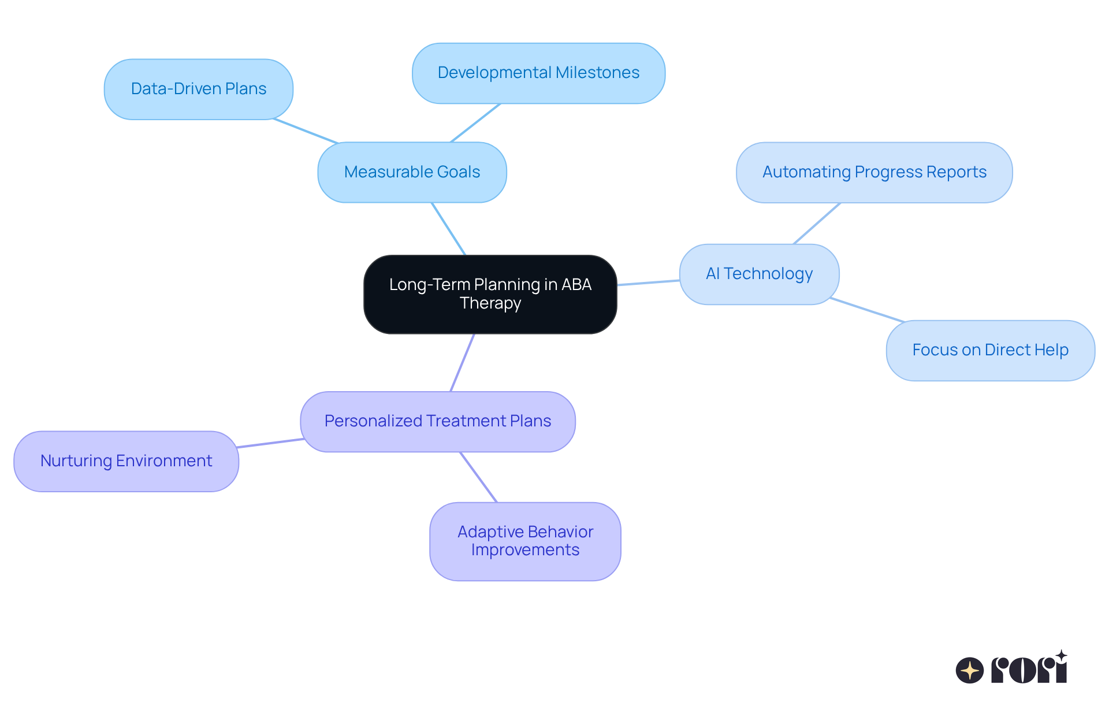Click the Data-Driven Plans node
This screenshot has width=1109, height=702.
coord(198,89)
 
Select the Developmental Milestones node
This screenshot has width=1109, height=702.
coord(538,73)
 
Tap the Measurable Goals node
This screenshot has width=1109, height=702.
coord(412,172)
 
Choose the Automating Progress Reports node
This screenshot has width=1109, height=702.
coord(874,172)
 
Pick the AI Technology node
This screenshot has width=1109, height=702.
coord(759,274)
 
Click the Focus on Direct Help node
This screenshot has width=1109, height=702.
coord(990,350)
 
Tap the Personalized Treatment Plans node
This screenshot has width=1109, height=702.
coord(437,421)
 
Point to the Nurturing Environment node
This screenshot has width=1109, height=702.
coord(126,461)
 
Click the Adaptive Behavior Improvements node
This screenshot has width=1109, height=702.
coord(525,541)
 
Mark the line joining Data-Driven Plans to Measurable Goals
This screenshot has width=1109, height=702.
coord(306,131)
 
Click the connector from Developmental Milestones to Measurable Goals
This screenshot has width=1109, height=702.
coord(475,123)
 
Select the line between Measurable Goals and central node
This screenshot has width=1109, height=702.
coord(449,229)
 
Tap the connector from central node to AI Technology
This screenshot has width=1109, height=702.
coord(648,283)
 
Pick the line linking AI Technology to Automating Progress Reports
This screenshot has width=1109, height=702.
coord(817,224)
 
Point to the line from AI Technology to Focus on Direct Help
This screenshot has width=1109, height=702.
coord(866,310)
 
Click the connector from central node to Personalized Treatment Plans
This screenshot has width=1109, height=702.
coord(463,362)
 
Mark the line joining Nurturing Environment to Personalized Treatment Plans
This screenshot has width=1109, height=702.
coord(270,443)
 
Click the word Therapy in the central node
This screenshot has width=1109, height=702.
coord(490,303)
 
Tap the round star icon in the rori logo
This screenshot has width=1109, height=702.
coord(970,670)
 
